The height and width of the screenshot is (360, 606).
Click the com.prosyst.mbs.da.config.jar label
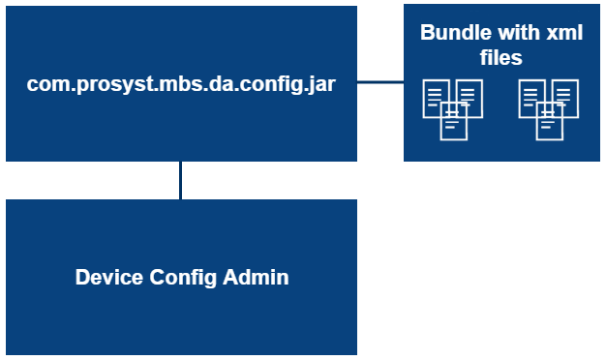point(181,83)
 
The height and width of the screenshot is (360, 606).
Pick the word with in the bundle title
point(509,32)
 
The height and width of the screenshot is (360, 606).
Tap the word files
point(501,58)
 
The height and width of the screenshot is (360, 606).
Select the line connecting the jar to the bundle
point(380,83)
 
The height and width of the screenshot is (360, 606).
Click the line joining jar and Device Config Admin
point(181,180)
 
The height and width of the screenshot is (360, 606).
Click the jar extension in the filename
point(321,83)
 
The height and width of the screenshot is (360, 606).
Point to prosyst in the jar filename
point(101,84)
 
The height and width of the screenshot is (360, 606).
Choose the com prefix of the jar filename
point(45,84)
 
